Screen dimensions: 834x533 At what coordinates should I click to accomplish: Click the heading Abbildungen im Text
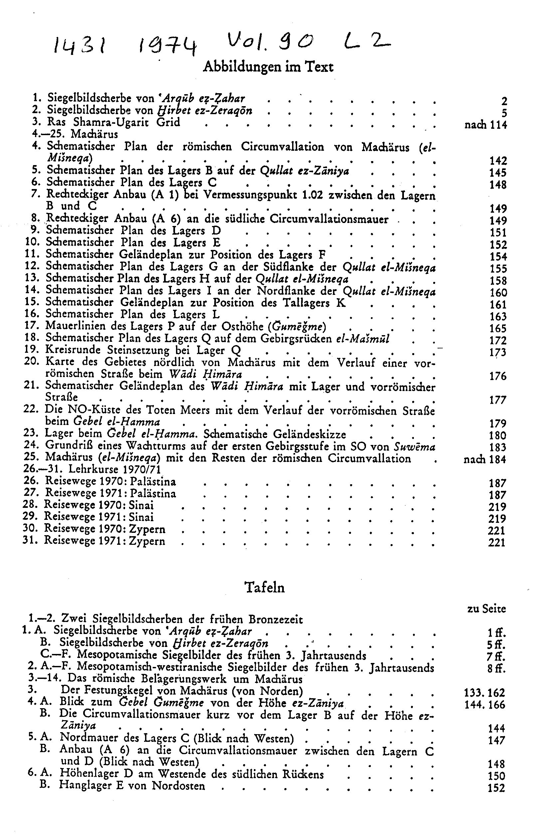coord(268,67)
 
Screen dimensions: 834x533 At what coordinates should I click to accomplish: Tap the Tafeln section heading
coord(265,587)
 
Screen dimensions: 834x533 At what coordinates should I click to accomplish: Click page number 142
coord(498,161)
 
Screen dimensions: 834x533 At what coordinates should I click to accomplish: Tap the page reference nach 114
coord(485,125)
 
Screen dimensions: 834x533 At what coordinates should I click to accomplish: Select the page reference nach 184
coord(485,460)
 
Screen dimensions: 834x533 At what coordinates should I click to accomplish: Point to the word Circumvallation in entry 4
coord(282,147)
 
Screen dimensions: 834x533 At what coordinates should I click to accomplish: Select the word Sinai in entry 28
coord(141,505)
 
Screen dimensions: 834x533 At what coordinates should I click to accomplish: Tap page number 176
coord(498,376)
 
